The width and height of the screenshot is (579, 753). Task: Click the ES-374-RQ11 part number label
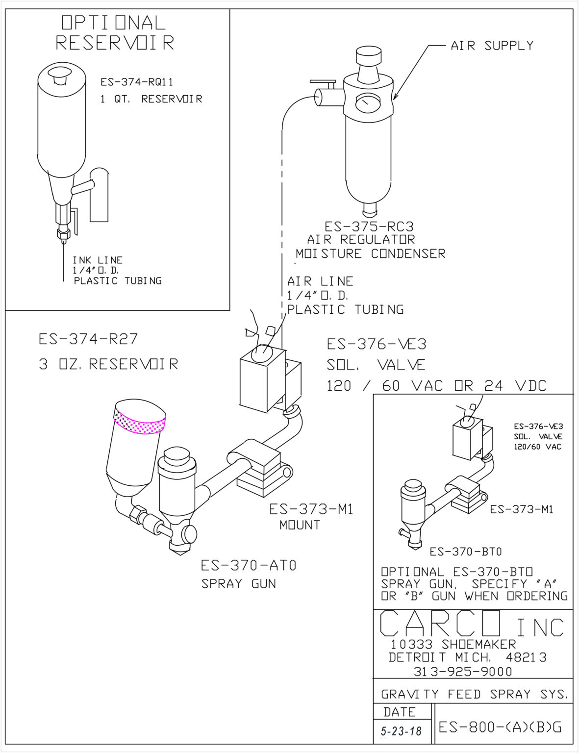coord(137,82)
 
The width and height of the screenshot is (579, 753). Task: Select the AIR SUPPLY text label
coord(492,46)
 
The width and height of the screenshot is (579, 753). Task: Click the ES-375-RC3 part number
coord(369,226)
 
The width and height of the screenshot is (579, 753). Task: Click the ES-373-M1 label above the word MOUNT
coord(311,509)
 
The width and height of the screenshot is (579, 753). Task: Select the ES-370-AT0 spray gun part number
coord(249,566)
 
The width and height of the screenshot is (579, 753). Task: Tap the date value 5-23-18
coord(402,731)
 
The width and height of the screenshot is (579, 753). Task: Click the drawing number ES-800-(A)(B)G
coord(500,727)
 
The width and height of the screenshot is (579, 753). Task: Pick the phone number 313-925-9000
coord(463,672)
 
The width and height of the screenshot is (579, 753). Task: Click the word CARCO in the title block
coord(440,624)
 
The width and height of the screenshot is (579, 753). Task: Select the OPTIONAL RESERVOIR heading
coord(114,33)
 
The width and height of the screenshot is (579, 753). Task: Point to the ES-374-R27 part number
coord(88,339)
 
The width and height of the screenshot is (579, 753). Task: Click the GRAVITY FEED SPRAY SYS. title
coord(474,694)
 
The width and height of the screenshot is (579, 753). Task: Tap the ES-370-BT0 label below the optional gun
coord(465,552)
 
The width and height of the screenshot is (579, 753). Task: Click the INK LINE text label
coord(98,260)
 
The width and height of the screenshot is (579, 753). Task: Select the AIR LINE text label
coord(320,281)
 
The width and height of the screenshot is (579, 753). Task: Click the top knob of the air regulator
coord(369,55)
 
